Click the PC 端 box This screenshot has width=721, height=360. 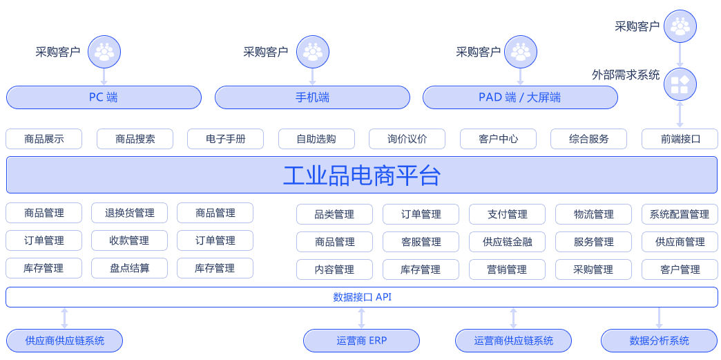[x=104, y=97]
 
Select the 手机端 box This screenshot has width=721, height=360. [x=312, y=97]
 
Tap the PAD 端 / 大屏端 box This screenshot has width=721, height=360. [x=519, y=97]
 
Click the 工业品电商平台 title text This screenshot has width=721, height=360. [x=361, y=176]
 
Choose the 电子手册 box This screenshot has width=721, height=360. [x=225, y=139]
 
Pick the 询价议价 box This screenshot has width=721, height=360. [x=407, y=139]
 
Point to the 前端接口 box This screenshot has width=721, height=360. [x=680, y=139]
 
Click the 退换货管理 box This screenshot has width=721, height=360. [x=130, y=213]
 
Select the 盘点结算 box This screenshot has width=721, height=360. [x=130, y=268]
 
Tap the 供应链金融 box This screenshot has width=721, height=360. [x=508, y=242]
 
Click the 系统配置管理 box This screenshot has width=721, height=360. [x=680, y=214]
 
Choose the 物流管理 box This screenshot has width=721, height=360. [x=594, y=214]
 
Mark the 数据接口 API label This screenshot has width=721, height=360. [x=362, y=297]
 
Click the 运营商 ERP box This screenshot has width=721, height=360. [x=362, y=341]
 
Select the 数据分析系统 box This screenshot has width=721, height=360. [x=659, y=341]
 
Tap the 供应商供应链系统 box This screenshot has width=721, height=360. [x=65, y=341]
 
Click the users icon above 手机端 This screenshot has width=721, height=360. [x=313, y=52]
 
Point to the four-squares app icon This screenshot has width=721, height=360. [x=680, y=84]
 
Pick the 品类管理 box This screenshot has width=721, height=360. [x=334, y=214]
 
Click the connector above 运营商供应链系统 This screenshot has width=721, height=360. [x=513, y=318]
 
